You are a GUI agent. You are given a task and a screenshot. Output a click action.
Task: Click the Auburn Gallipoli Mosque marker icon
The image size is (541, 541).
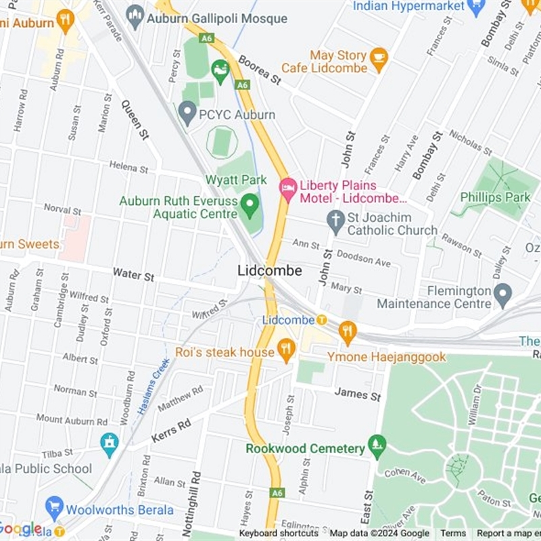[x=135, y=17]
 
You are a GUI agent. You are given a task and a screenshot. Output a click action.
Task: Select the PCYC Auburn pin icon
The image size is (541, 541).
[x=187, y=114]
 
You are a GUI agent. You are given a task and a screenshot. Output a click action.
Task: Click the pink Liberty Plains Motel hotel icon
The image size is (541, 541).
[x=289, y=189]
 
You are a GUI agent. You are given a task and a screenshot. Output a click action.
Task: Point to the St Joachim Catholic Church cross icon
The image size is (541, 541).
[x=335, y=221]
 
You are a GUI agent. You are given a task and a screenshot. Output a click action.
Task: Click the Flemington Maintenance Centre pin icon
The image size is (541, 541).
[x=502, y=296]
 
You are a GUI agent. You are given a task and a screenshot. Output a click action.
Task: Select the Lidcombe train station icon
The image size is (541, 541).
[x=322, y=319]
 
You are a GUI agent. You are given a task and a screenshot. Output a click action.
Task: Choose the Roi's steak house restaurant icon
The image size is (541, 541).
[x=287, y=350]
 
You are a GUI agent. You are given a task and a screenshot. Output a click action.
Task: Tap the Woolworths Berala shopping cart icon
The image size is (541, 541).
[x=55, y=508]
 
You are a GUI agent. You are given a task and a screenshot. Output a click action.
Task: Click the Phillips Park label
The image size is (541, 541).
[x=495, y=197]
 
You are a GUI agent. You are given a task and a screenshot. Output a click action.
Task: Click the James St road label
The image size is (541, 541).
[x=357, y=394]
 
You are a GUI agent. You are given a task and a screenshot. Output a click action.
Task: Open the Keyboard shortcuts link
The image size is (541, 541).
[x=278, y=534]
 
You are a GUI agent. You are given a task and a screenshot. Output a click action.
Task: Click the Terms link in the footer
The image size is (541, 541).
[x=453, y=534]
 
